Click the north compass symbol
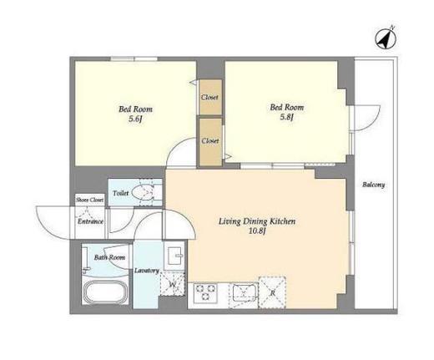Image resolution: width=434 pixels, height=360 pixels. pyautogui.click(x=386, y=39)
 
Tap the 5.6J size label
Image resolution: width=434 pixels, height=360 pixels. pyautogui.click(x=135, y=119)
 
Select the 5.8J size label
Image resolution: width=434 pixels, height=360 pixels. pyautogui.click(x=287, y=118)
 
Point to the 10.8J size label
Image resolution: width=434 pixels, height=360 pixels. pyautogui.click(x=257, y=231)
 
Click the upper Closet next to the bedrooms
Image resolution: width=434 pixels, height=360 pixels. pyautogui.click(x=210, y=97)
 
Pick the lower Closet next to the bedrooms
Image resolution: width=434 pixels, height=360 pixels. pyautogui.click(x=210, y=141)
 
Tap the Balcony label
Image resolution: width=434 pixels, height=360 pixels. pyautogui.click(x=373, y=185)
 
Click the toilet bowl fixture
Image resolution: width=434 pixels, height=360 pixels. pyautogui.click(x=142, y=192)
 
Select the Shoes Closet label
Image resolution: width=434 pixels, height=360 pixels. pyautogui.click(x=89, y=200)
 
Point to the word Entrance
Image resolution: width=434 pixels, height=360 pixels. pyautogui.click(x=90, y=221)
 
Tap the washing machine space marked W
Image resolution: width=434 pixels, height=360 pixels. pyautogui.click(x=173, y=284)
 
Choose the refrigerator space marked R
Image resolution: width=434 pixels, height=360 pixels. pyautogui.click(x=272, y=292)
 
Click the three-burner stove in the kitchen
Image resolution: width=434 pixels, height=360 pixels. pyautogui.click(x=205, y=292)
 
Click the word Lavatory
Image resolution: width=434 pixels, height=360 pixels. pyautogui.click(x=147, y=271)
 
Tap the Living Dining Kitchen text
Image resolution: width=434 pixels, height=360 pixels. pyautogui.click(x=257, y=221)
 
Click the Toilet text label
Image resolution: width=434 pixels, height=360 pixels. pyautogui.click(x=121, y=193)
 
